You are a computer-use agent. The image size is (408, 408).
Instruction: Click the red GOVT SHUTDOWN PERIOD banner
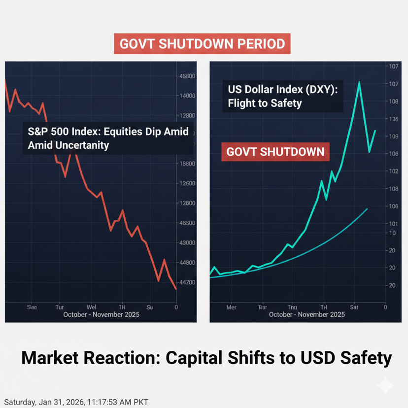click(x=202, y=43)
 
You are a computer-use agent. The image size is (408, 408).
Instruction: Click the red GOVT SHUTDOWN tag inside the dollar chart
click(x=275, y=151)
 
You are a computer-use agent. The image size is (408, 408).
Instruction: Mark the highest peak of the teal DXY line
click(x=359, y=82)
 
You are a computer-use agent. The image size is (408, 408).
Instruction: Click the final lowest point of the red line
click(x=176, y=289)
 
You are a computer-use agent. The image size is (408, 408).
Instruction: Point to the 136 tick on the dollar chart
click(x=393, y=119)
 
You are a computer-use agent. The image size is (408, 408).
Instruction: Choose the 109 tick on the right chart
click(x=393, y=136)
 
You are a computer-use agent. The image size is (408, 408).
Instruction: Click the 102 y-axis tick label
click(x=393, y=171)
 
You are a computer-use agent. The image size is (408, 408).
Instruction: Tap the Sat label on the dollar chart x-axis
click(x=354, y=307)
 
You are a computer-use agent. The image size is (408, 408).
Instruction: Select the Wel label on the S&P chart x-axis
click(x=91, y=307)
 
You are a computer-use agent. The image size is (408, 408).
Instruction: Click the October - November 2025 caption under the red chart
click(x=102, y=315)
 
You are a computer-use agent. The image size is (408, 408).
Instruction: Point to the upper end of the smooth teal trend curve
click(x=367, y=209)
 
